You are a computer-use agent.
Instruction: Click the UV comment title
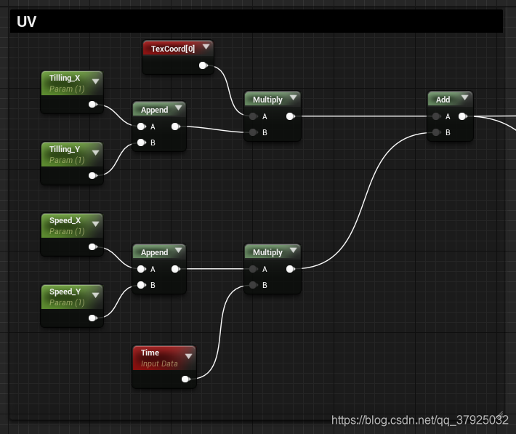(x=27, y=22)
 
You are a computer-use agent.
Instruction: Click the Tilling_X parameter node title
(x=65, y=78)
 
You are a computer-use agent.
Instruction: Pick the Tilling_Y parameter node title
(x=65, y=149)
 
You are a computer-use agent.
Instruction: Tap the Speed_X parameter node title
(x=65, y=220)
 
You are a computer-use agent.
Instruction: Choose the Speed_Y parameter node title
(x=65, y=292)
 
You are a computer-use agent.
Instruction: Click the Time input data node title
(x=150, y=353)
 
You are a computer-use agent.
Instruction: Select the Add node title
(x=443, y=100)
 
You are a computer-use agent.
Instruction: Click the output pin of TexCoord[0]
(x=203, y=66)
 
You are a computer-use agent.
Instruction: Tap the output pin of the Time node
(x=185, y=379)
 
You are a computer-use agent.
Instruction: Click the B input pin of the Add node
(x=435, y=132)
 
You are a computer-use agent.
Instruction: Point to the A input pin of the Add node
(x=435, y=116)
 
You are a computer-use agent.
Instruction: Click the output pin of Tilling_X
(x=92, y=105)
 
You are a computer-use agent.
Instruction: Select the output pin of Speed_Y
(x=92, y=318)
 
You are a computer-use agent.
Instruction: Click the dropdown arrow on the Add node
(x=464, y=98)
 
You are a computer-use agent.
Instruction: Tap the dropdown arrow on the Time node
(x=188, y=355)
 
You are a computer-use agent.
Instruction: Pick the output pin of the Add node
(x=462, y=116)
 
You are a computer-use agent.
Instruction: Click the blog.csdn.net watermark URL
(x=419, y=419)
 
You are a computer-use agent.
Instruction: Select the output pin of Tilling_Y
(x=92, y=175)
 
